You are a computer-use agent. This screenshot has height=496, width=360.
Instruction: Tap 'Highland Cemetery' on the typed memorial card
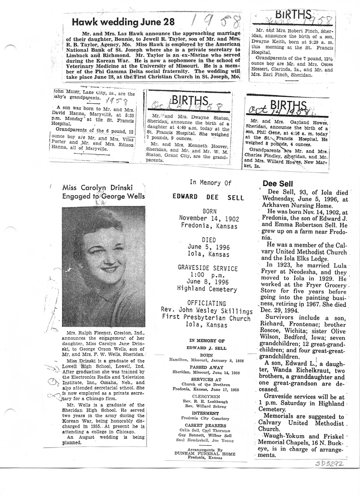[x=206, y=290]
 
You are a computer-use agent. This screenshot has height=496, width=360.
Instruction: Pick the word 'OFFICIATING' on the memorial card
[x=206, y=303]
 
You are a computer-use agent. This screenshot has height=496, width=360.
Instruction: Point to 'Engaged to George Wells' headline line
[x=103, y=195]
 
